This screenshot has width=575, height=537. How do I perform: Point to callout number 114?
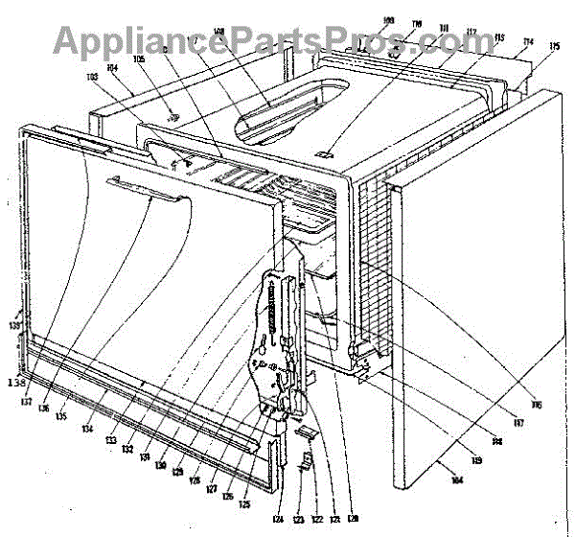pyautogui.click(x=529, y=42)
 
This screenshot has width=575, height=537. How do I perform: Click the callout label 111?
pyautogui.click(x=443, y=30)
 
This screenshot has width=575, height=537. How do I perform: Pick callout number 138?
pyautogui.click(x=16, y=382)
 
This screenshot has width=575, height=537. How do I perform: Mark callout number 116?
pyautogui.click(x=536, y=406)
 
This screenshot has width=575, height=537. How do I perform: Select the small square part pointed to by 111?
pyautogui.click(x=325, y=152)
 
